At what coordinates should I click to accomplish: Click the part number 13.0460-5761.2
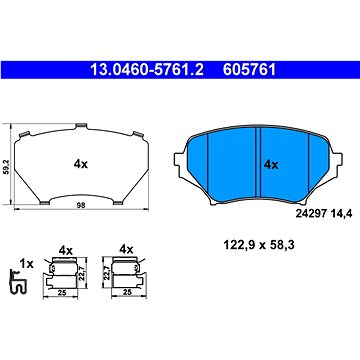(x=147, y=70)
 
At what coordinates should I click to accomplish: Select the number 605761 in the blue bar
(x=250, y=70)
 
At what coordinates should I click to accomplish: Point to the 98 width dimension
(x=81, y=205)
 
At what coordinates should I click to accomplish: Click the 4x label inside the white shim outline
(x=81, y=164)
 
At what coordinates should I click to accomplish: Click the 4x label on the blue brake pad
(x=271, y=164)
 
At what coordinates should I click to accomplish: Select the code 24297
(x=312, y=213)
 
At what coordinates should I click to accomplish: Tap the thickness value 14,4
(x=342, y=213)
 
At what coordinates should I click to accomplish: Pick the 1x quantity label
(x=26, y=264)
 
